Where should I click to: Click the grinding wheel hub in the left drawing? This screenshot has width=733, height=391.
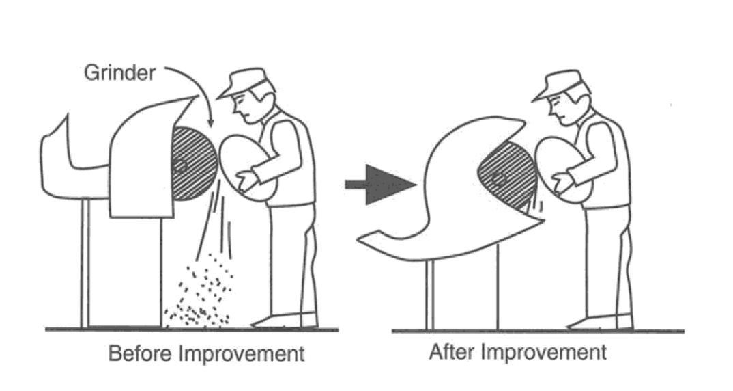coord(179,165)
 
